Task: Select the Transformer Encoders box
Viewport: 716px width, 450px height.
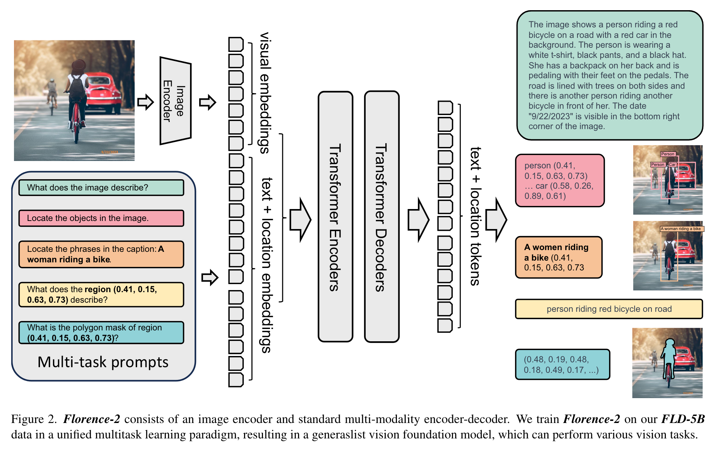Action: (x=335, y=217)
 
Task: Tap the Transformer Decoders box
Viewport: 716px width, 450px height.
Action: (x=381, y=217)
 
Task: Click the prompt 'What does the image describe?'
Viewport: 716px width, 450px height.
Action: (x=101, y=188)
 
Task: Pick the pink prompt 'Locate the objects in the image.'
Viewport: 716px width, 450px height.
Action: (x=101, y=218)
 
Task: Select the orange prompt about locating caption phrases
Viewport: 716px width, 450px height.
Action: (x=101, y=254)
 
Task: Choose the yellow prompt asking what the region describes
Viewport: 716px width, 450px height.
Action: (x=101, y=295)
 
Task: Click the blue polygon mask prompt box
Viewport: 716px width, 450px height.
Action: (x=101, y=333)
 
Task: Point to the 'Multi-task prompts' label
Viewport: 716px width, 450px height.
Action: (x=103, y=362)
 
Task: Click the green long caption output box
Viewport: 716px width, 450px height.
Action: (x=609, y=75)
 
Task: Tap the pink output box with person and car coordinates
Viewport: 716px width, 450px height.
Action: (x=560, y=181)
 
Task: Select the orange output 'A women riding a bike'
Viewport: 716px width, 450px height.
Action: (x=558, y=257)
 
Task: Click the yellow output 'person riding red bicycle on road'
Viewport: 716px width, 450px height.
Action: (x=609, y=309)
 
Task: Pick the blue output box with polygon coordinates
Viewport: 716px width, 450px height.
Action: (x=562, y=364)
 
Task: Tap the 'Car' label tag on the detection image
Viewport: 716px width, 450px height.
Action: (x=672, y=164)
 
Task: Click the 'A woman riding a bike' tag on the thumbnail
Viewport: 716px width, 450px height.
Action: (x=681, y=229)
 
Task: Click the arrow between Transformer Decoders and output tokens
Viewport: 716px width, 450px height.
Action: (x=419, y=220)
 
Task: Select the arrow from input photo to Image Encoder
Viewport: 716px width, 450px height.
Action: (x=145, y=102)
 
